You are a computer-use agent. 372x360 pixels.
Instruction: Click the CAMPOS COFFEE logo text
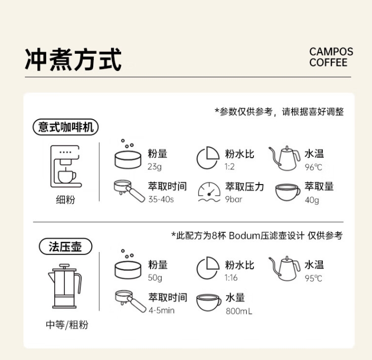[x=331, y=57]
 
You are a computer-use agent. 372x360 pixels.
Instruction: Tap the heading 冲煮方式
[x=73, y=59]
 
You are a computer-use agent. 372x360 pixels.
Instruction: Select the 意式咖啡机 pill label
[x=65, y=127]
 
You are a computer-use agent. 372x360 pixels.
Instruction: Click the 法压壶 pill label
[x=65, y=246]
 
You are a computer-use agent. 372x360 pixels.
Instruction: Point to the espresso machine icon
[x=66, y=166]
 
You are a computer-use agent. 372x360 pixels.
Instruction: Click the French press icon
[x=65, y=286]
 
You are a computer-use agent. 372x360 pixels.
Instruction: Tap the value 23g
[x=155, y=167]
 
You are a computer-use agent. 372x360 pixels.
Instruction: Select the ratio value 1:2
[x=230, y=167]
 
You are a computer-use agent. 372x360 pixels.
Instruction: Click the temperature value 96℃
[x=313, y=167]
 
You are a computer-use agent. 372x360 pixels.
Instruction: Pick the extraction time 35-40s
[x=161, y=199]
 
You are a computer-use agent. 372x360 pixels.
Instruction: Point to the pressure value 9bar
[x=234, y=199]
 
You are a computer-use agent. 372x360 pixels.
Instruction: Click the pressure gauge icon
[x=209, y=192]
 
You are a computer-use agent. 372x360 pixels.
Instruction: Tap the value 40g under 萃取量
[x=312, y=200]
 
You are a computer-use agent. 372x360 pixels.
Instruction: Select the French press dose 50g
[x=155, y=278]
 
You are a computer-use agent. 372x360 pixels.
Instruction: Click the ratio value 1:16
[x=231, y=278]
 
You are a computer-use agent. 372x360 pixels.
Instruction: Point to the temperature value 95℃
[x=313, y=278]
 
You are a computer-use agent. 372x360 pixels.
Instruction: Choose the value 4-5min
[x=162, y=310]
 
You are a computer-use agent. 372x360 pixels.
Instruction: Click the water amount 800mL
[x=239, y=311]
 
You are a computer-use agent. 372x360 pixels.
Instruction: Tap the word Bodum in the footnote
[x=245, y=236]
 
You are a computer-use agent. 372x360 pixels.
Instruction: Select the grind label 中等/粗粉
[x=67, y=325]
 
